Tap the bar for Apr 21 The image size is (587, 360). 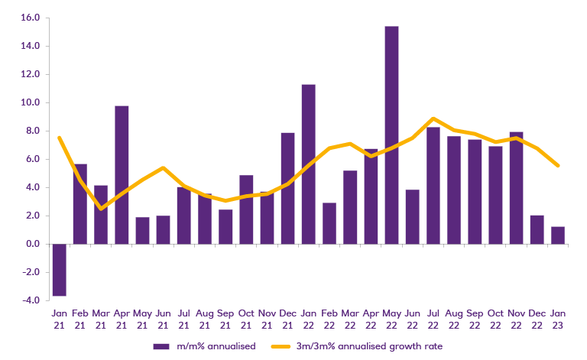pyautogui.click(x=122, y=175)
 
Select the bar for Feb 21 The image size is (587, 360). pyautogui.click(x=80, y=204)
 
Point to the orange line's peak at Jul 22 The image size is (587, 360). pyautogui.click(x=433, y=118)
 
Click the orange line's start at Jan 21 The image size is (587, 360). pyautogui.click(x=59, y=138)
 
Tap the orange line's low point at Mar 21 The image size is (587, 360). pyautogui.click(x=101, y=209)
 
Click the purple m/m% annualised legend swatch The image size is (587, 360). pyautogui.click(x=161, y=346)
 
